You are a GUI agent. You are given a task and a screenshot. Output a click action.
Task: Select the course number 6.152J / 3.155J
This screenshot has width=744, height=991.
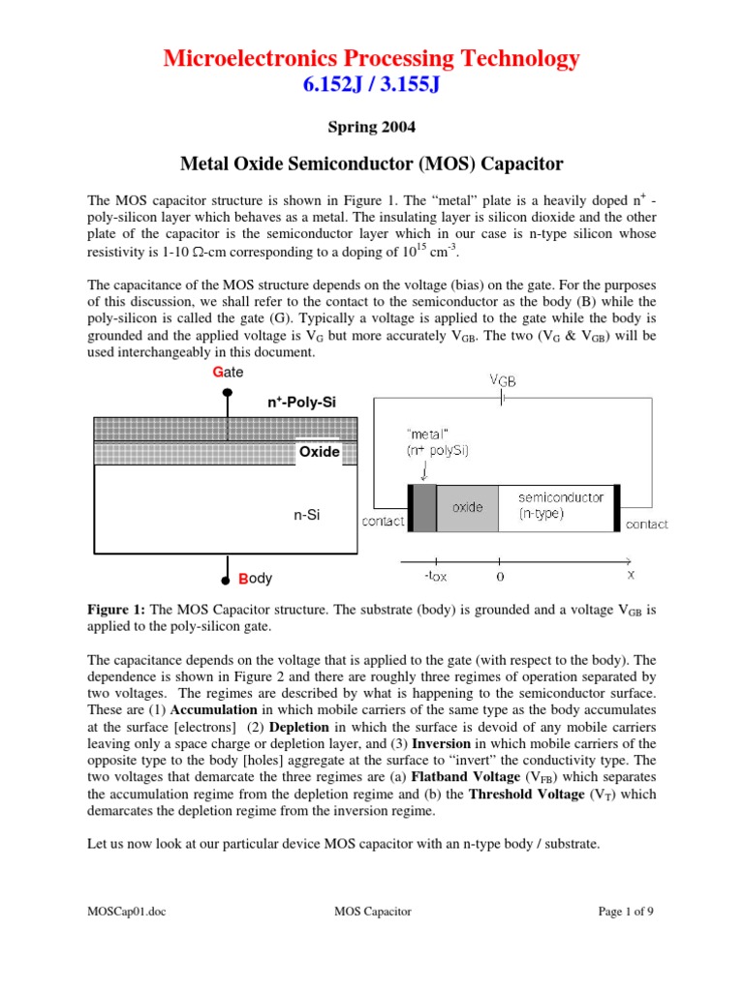(372, 86)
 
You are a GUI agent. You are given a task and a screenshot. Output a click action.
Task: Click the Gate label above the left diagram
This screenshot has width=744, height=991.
(228, 372)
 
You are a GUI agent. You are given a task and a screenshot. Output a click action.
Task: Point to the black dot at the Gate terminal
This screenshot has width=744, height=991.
(228, 393)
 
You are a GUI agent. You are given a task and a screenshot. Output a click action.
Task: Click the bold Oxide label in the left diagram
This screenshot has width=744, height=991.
(319, 452)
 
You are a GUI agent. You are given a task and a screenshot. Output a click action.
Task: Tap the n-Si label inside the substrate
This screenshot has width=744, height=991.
(307, 516)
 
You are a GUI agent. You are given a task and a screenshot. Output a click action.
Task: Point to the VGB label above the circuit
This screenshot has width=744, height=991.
(502, 380)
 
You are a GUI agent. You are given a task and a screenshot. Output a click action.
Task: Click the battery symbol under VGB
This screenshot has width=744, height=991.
(501, 399)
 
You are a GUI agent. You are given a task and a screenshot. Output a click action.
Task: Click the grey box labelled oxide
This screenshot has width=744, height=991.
(467, 508)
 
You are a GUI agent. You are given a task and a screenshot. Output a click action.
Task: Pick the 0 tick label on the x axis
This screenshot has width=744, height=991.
(499, 577)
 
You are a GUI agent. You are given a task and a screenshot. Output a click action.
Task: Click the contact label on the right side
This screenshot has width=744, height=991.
(646, 525)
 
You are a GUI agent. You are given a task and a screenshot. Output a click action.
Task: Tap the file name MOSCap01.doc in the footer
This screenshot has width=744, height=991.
(122, 912)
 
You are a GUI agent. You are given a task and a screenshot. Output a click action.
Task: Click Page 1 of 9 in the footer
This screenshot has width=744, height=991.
(627, 912)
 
